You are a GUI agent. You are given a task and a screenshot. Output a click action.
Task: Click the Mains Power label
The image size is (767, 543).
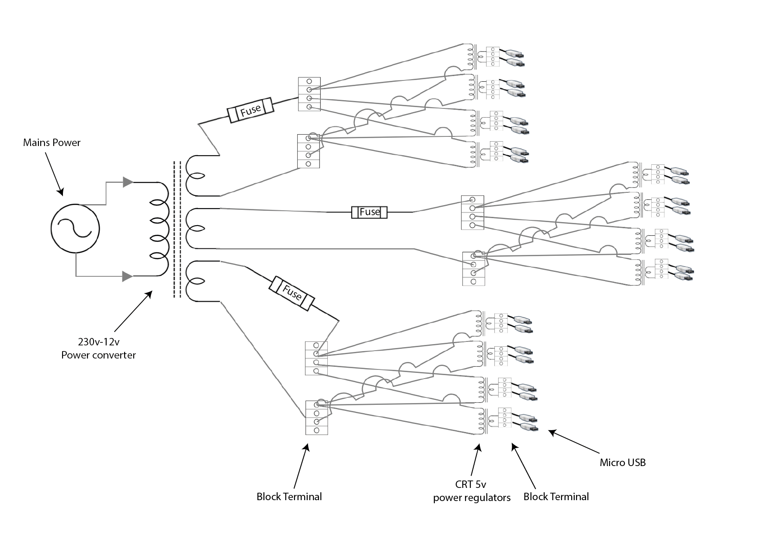(x=52, y=143)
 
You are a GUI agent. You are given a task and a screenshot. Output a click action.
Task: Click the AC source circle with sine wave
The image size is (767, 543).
(x=75, y=228)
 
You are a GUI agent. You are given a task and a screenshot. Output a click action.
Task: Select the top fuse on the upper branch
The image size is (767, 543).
(x=250, y=111)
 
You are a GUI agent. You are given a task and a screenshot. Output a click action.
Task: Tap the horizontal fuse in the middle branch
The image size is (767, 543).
(x=369, y=212)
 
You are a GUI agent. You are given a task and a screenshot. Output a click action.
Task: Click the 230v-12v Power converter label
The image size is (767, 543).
(x=98, y=348)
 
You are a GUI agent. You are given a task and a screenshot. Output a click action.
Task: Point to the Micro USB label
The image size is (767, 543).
(x=622, y=463)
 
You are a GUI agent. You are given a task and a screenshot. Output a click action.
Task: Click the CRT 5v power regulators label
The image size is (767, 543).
(x=472, y=491)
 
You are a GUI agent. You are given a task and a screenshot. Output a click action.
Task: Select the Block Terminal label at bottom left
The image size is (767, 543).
(x=289, y=497)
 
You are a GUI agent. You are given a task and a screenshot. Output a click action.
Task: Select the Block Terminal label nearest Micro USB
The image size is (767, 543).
(x=556, y=497)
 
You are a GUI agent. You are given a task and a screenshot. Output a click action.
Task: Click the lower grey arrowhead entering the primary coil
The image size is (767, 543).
(x=127, y=276)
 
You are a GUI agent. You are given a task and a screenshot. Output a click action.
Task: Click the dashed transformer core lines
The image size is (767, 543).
(x=177, y=230)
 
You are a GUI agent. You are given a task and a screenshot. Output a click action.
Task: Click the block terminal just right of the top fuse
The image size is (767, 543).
(x=309, y=94)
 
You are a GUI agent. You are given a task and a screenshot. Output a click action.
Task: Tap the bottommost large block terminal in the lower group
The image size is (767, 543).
(x=316, y=418)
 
